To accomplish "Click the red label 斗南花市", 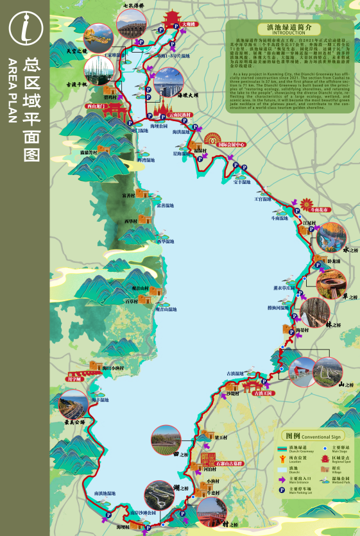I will tap(319, 210).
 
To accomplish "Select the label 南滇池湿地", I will tap(105, 493).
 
